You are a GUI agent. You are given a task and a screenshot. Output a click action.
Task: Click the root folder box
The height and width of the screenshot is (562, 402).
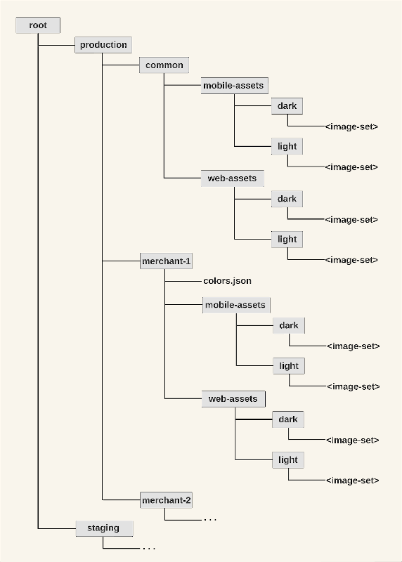[x=38, y=25]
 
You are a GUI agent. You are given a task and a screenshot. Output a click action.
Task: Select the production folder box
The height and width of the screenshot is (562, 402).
[x=103, y=45]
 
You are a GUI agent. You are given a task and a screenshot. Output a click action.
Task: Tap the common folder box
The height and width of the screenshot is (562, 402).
[x=164, y=65]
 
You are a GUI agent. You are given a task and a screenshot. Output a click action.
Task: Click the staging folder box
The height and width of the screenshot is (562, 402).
[x=104, y=528]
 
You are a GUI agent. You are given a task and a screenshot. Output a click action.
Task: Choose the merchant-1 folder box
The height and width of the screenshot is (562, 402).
[x=166, y=261]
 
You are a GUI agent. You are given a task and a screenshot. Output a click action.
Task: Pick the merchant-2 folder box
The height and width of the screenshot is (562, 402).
[x=166, y=500]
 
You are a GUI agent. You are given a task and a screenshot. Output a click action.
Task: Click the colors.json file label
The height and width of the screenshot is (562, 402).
[x=228, y=280]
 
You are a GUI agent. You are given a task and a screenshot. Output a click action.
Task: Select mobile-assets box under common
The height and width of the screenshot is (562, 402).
[x=235, y=86]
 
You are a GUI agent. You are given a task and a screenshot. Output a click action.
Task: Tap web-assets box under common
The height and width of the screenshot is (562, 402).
[x=233, y=178]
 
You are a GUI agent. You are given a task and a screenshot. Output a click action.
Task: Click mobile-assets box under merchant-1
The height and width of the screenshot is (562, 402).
[x=236, y=305]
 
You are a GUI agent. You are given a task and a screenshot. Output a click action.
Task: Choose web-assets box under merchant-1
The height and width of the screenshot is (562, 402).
[x=233, y=399]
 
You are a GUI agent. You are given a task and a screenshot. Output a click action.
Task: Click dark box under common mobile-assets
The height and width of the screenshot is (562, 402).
[x=287, y=106]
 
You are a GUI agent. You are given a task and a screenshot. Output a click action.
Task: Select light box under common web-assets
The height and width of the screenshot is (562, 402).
[x=287, y=240]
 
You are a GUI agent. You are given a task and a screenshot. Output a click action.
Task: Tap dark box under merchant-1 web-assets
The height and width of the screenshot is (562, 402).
[x=288, y=419]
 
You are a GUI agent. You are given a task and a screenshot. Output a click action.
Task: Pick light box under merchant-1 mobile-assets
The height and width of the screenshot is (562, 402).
[x=289, y=366]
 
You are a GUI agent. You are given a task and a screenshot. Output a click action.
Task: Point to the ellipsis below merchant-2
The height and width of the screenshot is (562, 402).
[x=210, y=519]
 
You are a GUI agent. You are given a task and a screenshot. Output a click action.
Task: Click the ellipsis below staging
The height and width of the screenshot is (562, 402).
[x=149, y=548]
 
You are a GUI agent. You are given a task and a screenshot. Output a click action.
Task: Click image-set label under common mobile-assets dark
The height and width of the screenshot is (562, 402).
[x=351, y=126]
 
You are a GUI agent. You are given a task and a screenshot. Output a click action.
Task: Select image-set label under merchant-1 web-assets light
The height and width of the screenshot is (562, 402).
[x=353, y=481]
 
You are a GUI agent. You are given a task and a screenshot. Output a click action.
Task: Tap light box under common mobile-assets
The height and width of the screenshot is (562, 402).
[x=287, y=146]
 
